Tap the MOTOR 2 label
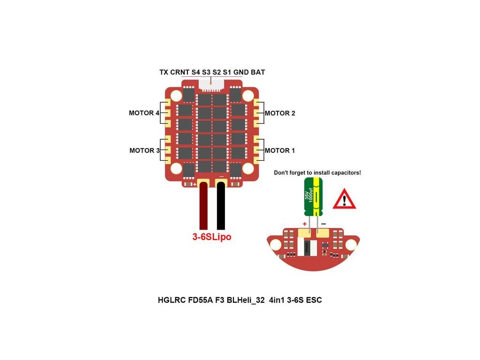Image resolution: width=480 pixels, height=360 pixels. (x=280, y=113)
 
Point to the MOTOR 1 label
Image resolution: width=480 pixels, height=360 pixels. (x=280, y=150)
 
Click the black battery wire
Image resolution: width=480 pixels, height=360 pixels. (x=221, y=206)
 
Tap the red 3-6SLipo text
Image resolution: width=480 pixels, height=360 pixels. (x=212, y=237)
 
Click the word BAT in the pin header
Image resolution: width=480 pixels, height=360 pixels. (x=258, y=72)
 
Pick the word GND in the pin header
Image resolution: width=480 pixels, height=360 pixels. (x=241, y=72)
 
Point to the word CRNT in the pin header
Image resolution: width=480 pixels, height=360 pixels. (x=180, y=72)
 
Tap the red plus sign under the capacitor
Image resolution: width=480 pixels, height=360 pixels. (x=305, y=224)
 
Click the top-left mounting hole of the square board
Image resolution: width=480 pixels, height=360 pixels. (x=176, y=96)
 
